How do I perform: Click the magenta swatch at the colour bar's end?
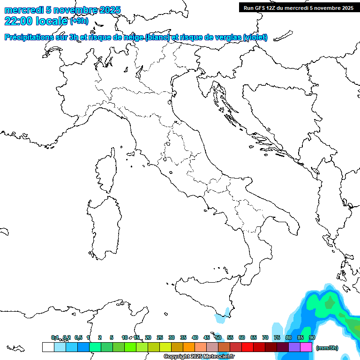(306, 347)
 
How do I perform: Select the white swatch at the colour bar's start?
(48, 347)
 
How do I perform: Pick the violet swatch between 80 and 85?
(294, 347)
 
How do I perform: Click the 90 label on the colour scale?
(312, 337)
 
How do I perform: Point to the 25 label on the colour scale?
(160, 337)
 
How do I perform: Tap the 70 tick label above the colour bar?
(265, 337)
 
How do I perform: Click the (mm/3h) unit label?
(327, 348)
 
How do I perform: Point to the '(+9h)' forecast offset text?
(79, 21)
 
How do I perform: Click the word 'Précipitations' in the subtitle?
(28, 37)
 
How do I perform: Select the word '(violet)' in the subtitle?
(255, 37)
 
